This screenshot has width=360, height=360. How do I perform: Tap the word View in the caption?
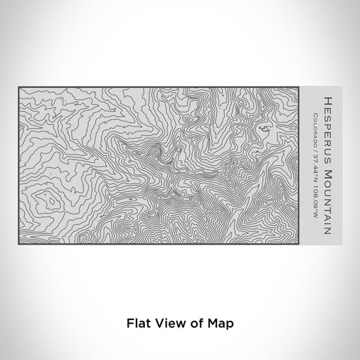click(x=162, y=323)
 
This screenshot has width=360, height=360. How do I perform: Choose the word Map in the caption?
click(x=213, y=323)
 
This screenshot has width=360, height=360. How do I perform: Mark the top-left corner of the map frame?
click(x=18, y=86)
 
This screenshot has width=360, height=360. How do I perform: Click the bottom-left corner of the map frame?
click(x=18, y=242)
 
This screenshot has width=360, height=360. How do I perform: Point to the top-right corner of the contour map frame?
click(x=301, y=86)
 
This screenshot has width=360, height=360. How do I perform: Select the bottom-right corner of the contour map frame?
click(x=301, y=242)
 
